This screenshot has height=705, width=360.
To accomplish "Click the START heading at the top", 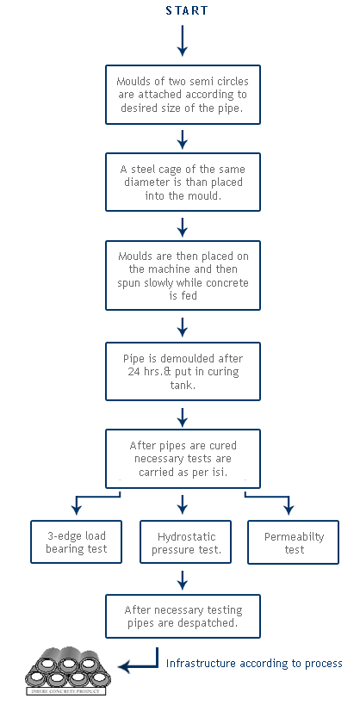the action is pos(187,10).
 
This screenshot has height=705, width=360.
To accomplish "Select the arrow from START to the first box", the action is pos(182,40).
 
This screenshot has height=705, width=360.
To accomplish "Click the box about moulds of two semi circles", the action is pos(183,95).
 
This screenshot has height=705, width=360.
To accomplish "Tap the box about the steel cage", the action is pos(183,182).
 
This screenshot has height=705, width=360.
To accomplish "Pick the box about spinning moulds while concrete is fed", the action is pos(183,275).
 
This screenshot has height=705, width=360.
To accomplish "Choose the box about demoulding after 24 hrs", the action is pos(183,371).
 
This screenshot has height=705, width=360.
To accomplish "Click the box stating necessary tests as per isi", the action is pos(183,459).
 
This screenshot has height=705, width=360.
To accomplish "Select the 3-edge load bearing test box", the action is pos(76,541).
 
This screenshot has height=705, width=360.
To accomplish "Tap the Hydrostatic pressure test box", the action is pos(185,541).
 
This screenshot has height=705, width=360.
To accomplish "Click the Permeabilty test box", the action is pos(294,541).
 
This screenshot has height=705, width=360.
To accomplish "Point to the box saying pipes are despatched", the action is pos(183,616).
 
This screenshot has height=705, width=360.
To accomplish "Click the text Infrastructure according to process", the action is pos(254,663).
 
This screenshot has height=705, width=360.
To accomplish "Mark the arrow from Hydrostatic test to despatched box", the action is pos(182,580).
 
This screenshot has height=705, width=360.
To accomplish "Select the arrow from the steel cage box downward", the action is pos(182,227).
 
